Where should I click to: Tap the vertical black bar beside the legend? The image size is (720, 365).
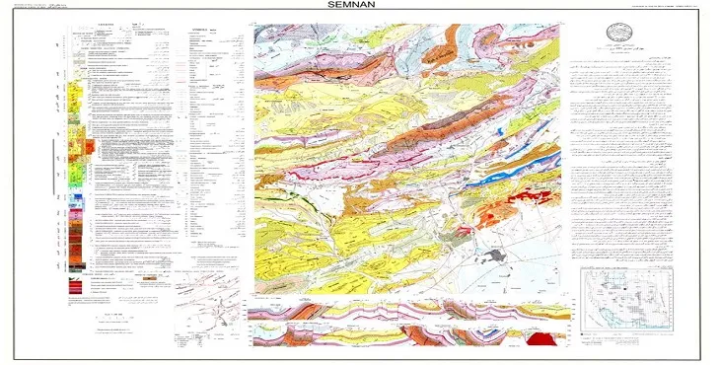click(x=52, y=168)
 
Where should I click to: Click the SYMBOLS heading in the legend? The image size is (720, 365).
click(x=204, y=31)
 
